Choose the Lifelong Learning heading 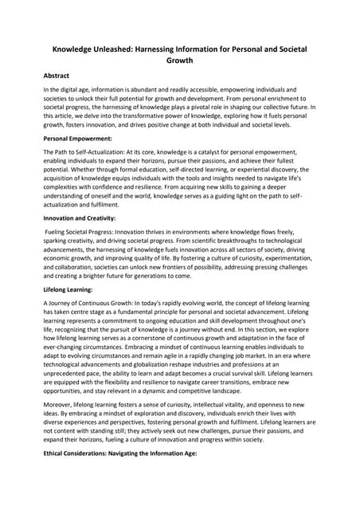[x=69, y=290]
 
